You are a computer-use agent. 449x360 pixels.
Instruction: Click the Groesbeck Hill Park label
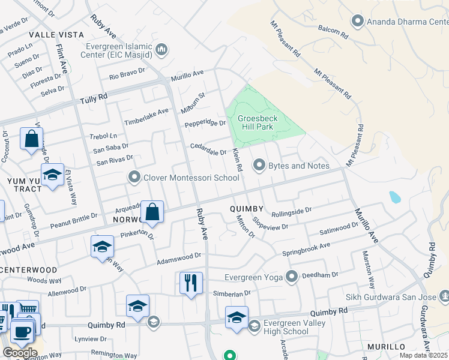[255, 122]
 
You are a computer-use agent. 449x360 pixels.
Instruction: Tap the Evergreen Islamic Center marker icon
[161, 50]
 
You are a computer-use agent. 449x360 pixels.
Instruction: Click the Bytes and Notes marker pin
[259, 164]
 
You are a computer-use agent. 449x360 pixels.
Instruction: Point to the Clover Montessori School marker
[134, 177]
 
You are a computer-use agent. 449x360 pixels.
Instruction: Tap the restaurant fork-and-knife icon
[191, 282]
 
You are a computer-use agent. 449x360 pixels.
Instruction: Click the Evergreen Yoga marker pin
[292, 277]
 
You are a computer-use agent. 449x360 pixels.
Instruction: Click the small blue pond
[394, 197]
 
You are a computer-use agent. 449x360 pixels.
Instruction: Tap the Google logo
[19, 352]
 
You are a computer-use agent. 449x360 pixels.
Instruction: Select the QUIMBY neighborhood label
[246, 208]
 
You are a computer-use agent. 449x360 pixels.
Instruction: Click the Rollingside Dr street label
[292, 211]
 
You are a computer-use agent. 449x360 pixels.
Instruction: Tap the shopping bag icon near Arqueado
[152, 212]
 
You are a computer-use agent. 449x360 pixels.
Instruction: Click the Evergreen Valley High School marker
[254, 326]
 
